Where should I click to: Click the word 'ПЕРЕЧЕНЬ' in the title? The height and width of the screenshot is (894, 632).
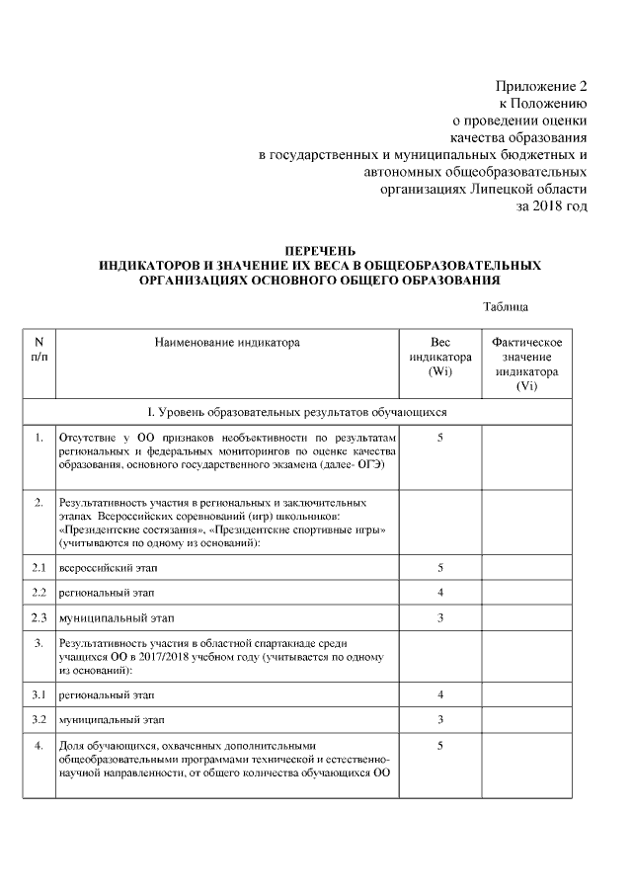(x=320, y=251)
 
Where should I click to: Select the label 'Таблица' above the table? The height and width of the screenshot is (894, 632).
(x=506, y=307)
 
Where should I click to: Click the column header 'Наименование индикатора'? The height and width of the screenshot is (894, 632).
(x=226, y=343)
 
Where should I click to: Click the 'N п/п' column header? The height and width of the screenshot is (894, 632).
(x=39, y=349)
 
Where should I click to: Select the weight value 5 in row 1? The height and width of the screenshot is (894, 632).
(x=439, y=437)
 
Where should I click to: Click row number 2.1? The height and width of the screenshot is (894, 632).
(x=39, y=568)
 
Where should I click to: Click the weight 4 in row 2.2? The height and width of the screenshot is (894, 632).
(x=439, y=593)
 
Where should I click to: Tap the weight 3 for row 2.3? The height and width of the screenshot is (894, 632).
(x=439, y=617)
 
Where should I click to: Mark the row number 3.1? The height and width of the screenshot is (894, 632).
(x=39, y=694)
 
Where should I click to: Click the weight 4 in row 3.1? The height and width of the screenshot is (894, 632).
(x=439, y=694)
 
